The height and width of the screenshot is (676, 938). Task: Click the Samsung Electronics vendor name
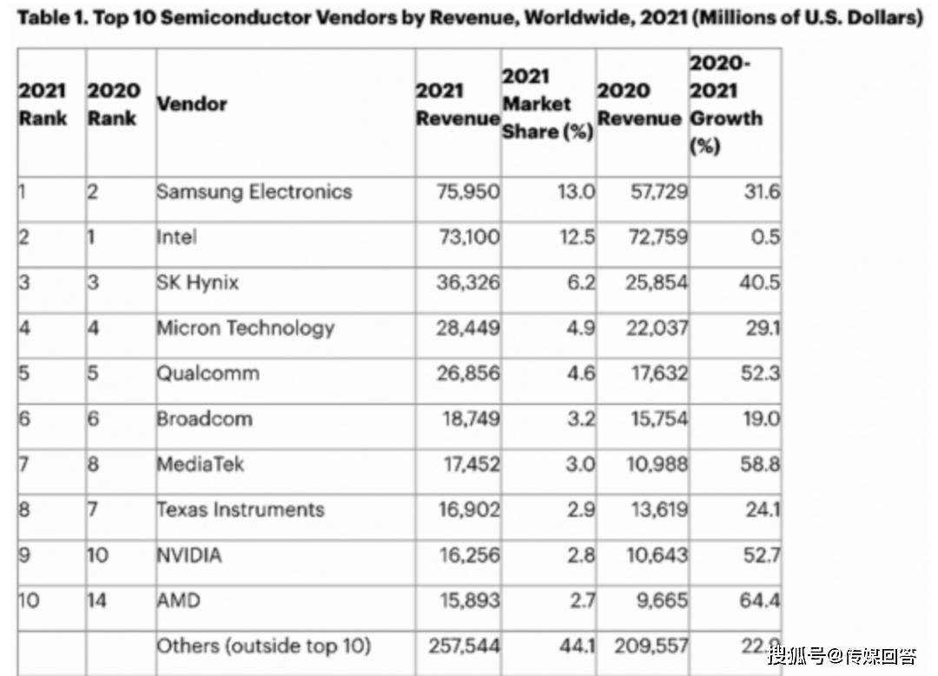coord(254,192)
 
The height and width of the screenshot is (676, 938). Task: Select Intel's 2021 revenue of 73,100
coord(469,237)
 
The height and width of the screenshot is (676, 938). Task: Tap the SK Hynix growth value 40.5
coord(759,283)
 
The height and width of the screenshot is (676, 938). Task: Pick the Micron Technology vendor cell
coord(245,328)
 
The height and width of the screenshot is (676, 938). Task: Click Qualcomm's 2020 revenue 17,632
coord(657,374)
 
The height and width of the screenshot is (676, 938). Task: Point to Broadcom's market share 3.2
coord(577,419)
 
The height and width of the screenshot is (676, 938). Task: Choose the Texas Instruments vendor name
coord(240,509)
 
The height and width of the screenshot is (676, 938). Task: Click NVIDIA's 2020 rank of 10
coord(98,554)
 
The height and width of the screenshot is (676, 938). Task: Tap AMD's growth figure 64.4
coord(759,600)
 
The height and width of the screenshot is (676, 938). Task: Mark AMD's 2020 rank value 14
coord(98,600)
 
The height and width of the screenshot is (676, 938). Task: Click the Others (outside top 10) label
coord(263,646)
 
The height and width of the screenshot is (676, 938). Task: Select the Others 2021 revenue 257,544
coord(465,646)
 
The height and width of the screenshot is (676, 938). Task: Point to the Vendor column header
coord(191,104)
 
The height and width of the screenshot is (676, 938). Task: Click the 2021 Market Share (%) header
coord(547,104)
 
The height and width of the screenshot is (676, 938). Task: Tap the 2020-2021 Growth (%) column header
coord(726,104)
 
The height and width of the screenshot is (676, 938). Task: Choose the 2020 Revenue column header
coord(639,104)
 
